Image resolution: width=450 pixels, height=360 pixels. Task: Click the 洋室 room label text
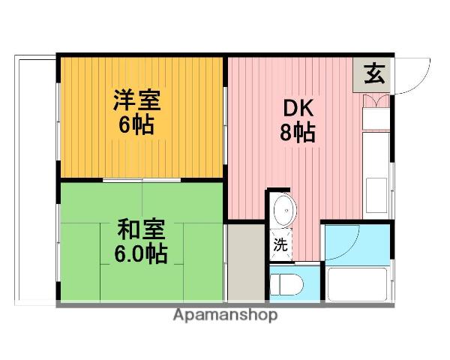coord(136,98)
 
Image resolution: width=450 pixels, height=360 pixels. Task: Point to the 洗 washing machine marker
coord(280,244)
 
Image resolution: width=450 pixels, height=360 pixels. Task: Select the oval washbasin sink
coord(283,211)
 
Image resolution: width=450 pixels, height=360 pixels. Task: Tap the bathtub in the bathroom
coord(357,283)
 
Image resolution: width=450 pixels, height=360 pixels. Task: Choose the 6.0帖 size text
coord(141,253)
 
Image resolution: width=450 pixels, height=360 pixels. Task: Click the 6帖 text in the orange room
coord(136,124)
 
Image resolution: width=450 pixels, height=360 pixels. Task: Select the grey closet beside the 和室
coord(244,262)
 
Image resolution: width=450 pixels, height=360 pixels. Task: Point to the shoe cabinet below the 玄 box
coord(375,102)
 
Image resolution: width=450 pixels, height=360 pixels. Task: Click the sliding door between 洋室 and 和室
coord(142,180)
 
